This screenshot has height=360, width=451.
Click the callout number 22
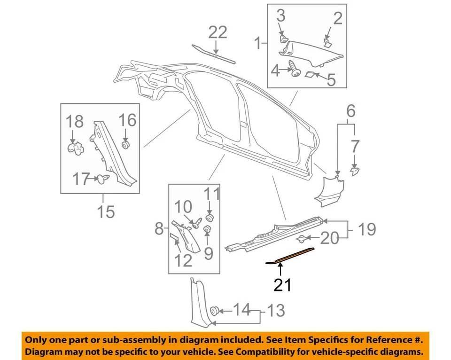(x=218, y=32)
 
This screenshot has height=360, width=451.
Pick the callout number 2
(x=338, y=18)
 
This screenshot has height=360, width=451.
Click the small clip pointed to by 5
(x=311, y=74)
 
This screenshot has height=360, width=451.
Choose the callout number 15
(x=106, y=211)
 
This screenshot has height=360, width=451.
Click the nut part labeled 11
(x=210, y=217)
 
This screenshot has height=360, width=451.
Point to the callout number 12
(x=184, y=259)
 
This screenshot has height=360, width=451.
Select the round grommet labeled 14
(x=216, y=310)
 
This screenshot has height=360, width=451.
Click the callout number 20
(x=331, y=239)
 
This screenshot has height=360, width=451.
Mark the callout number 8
(x=159, y=229)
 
